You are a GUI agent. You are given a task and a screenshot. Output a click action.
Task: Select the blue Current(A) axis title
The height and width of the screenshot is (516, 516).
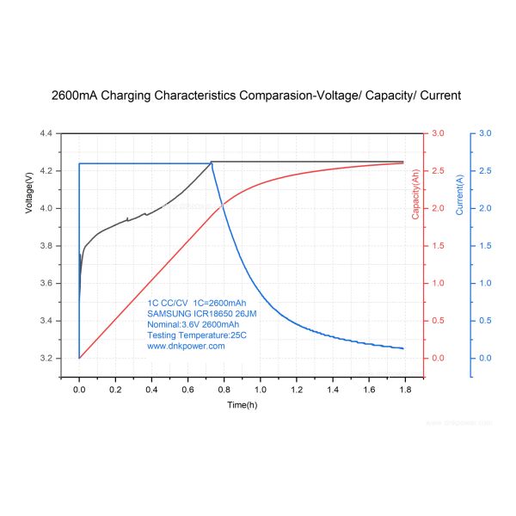tap(460, 194)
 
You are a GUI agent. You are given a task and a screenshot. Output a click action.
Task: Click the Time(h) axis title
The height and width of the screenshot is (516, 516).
tap(243, 404)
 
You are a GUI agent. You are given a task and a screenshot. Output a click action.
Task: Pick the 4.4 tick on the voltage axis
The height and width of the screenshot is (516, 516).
tap(46, 133)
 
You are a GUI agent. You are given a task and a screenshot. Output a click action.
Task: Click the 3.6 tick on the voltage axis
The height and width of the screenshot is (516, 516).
tap(46, 283)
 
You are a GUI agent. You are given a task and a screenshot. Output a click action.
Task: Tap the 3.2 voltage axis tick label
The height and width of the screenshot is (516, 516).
tap(46, 358)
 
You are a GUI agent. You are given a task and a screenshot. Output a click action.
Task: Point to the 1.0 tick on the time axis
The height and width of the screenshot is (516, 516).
tap(261, 390)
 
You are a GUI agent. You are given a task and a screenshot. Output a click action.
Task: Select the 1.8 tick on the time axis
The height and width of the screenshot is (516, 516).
tap(405, 390)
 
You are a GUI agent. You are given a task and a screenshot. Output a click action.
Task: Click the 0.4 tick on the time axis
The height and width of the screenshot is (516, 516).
tap(151, 390)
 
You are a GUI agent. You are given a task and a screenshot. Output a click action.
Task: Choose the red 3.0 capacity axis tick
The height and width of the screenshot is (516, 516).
tap(438, 133)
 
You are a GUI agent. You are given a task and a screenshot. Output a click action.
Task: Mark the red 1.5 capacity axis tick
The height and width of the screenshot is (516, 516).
tap(438, 246)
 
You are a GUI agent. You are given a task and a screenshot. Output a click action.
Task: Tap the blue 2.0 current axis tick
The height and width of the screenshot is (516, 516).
tap(485, 208)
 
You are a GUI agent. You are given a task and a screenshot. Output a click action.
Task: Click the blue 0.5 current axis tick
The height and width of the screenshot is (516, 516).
tap(485, 321)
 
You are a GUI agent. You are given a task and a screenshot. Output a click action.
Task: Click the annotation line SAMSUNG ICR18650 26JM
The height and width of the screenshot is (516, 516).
tap(202, 314)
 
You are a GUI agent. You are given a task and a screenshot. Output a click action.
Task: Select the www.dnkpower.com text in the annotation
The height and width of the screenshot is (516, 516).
tap(186, 346)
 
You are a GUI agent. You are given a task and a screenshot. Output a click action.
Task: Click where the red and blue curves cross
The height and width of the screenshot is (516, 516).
tap(223, 205)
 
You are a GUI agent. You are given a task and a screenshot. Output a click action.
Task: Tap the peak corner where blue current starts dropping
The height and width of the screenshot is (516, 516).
tap(211, 163)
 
